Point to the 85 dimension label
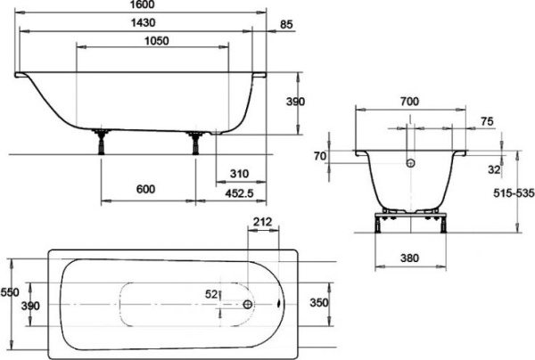tap(285, 24)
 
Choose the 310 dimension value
tap(237, 173)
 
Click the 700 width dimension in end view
tap(409, 102)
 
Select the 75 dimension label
tap(487, 121)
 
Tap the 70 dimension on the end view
tap(321, 156)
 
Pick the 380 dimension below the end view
tap(409, 258)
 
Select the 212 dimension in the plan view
tap(262, 221)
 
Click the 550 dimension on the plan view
tap(10, 292)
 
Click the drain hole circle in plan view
tap(249, 303)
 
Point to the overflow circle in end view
tap(410, 163)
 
